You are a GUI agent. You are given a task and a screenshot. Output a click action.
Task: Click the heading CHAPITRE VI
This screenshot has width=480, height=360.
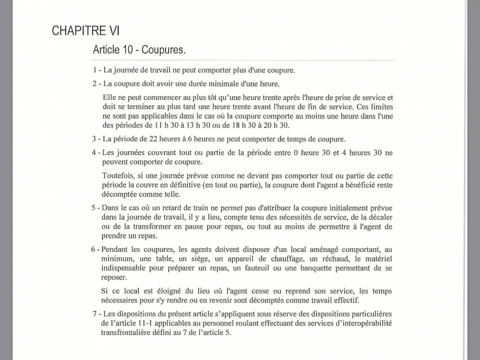(x=85, y=31)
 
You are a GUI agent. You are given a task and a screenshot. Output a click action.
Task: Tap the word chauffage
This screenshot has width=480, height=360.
(x=273, y=260)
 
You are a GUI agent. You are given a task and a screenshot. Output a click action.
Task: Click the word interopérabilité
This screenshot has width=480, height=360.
(x=365, y=323)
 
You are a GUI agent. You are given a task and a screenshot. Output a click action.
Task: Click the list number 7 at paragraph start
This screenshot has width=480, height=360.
(x=95, y=314)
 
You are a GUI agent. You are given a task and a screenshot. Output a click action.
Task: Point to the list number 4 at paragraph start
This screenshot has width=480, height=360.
(x=95, y=153)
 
